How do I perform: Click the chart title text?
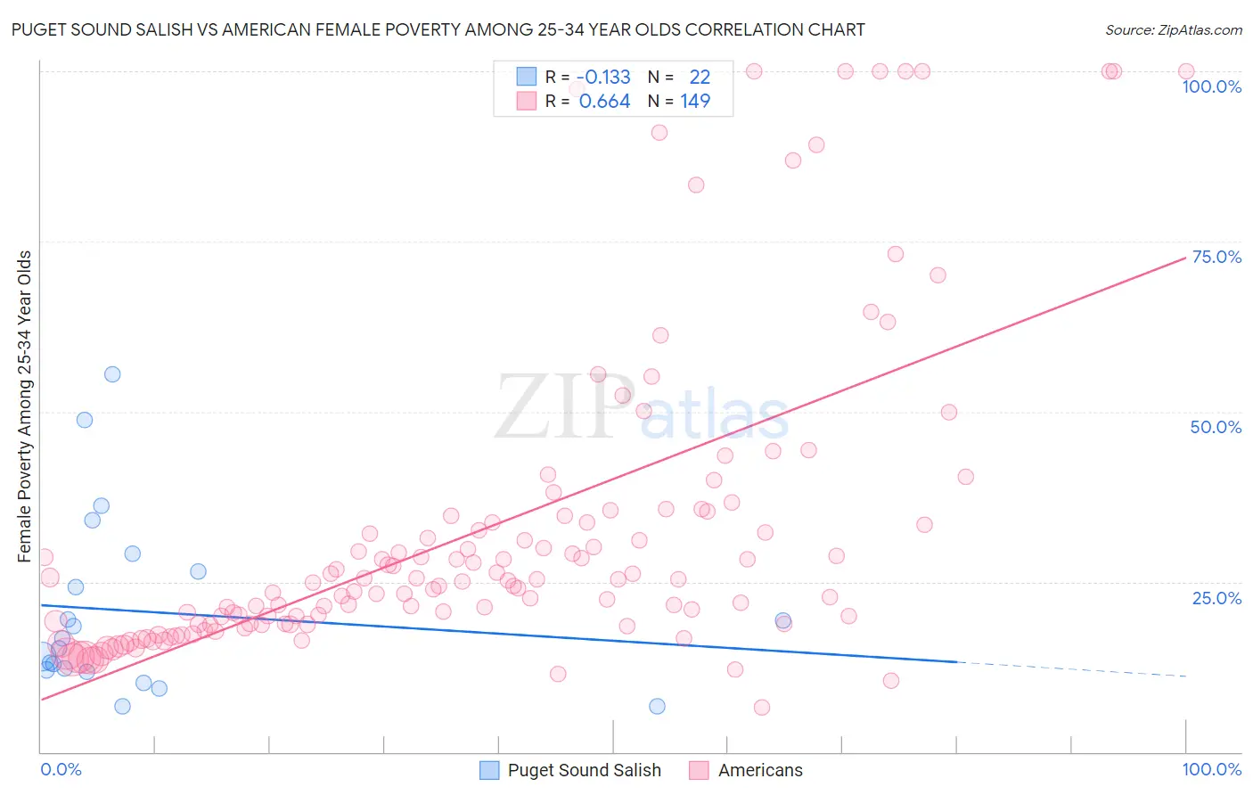click(438, 29)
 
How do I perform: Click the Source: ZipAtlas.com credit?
click(1173, 29)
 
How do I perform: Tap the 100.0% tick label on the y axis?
click(1211, 86)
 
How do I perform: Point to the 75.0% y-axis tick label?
click(1216, 257)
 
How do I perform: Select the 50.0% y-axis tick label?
click(1216, 427)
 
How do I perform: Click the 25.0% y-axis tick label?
click(1216, 598)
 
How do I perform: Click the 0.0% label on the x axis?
click(61, 769)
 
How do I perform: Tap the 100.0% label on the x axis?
click(1211, 769)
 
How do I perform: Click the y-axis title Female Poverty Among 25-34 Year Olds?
click(25, 406)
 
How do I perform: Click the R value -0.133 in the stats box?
click(604, 78)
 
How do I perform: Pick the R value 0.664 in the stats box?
click(604, 102)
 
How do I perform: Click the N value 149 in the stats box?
click(695, 102)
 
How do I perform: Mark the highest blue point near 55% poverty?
click(112, 374)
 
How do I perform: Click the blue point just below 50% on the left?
click(85, 420)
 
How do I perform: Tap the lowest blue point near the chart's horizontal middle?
click(657, 706)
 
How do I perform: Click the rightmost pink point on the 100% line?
click(1186, 71)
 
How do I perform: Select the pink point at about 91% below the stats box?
click(659, 133)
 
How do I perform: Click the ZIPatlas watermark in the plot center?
click(642, 408)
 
